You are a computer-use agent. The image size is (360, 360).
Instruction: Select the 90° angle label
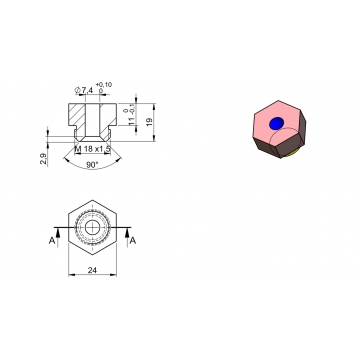pos(92,163)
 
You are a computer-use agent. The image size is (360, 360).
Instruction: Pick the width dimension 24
pos(93,270)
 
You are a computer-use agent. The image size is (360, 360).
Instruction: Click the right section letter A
pos(134,240)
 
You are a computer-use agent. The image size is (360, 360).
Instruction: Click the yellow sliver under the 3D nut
pos(291,156)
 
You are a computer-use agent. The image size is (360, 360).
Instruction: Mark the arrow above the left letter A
pos(57,231)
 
